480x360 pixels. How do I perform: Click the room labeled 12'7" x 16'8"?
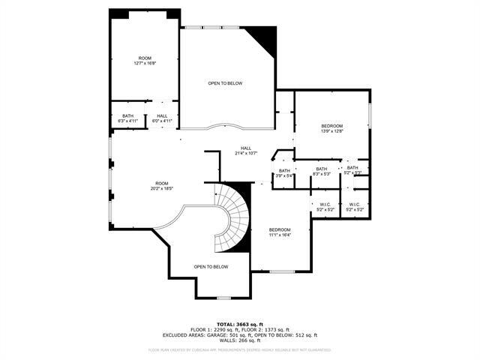[145, 61]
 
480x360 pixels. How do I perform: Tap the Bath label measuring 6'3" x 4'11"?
[127, 118]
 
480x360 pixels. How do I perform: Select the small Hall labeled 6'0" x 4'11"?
[162, 118]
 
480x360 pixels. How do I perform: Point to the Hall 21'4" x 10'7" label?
[246, 151]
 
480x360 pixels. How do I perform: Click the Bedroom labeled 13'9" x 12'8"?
[331, 128]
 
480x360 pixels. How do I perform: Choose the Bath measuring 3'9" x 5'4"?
[284, 173]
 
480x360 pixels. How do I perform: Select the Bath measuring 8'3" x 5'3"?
[321, 172]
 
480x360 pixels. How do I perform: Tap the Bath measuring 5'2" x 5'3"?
[352, 170]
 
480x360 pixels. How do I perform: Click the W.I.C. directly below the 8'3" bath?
[325, 207]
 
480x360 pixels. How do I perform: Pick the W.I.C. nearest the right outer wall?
[355, 207]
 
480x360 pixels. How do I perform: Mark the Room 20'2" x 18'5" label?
[162, 187]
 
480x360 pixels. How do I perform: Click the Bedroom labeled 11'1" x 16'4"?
[280, 232]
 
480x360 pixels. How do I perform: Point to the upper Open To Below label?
[225, 83]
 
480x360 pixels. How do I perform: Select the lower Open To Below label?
[211, 267]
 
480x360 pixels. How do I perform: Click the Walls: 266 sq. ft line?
[240, 341]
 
